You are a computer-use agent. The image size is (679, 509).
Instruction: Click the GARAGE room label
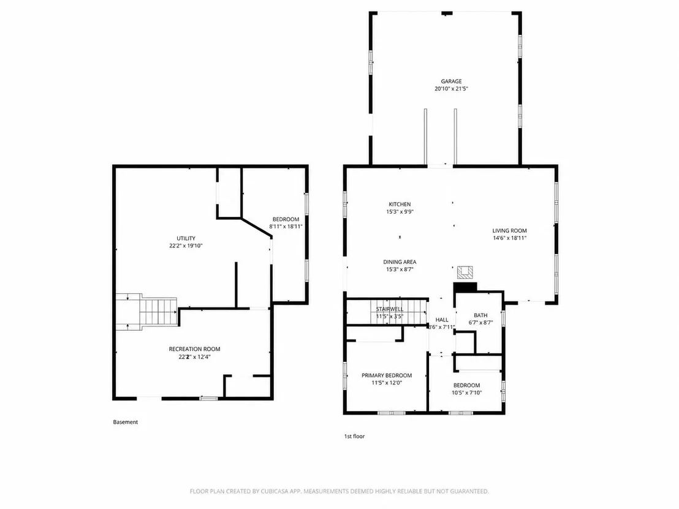pyautogui.click(x=451, y=81)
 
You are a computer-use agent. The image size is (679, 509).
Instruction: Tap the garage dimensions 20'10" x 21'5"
pyautogui.click(x=451, y=89)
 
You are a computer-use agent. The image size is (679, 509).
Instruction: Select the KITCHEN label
pyautogui.click(x=400, y=205)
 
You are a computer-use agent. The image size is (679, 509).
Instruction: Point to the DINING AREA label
pyautogui.click(x=400, y=262)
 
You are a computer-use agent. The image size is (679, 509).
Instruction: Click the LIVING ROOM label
pyautogui.click(x=510, y=231)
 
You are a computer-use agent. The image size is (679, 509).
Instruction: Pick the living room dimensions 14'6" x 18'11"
pyautogui.click(x=510, y=238)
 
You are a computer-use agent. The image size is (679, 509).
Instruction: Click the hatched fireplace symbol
pyautogui.click(x=465, y=272)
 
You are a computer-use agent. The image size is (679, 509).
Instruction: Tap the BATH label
pyautogui.click(x=480, y=315)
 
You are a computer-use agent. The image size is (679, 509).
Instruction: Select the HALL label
pyautogui.click(x=442, y=320)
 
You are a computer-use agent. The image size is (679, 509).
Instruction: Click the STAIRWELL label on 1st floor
pyautogui.click(x=390, y=309)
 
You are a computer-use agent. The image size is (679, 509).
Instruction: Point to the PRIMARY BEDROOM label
pyautogui.click(x=387, y=375)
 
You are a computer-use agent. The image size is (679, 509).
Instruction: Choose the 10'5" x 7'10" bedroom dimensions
pyautogui.click(x=467, y=393)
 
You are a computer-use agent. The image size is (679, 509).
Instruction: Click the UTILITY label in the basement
pyautogui.click(x=186, y=238)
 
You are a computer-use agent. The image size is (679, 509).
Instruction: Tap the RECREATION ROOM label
pyautogui.click(x=194, y=349)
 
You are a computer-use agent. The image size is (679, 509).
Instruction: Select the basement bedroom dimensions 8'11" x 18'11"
pyautogui.click(x=286, y=227)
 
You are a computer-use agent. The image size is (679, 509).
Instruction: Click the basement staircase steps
pyautogui.click(x=159, y=312)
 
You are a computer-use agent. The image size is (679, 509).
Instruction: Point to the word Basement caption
pyautogui.click(x=126, y=422)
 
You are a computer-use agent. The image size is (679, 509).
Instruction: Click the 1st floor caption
pyautogui.click(x=355, y=436)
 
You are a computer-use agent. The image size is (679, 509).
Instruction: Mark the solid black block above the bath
pyautogui.click(x=465, y=287)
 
